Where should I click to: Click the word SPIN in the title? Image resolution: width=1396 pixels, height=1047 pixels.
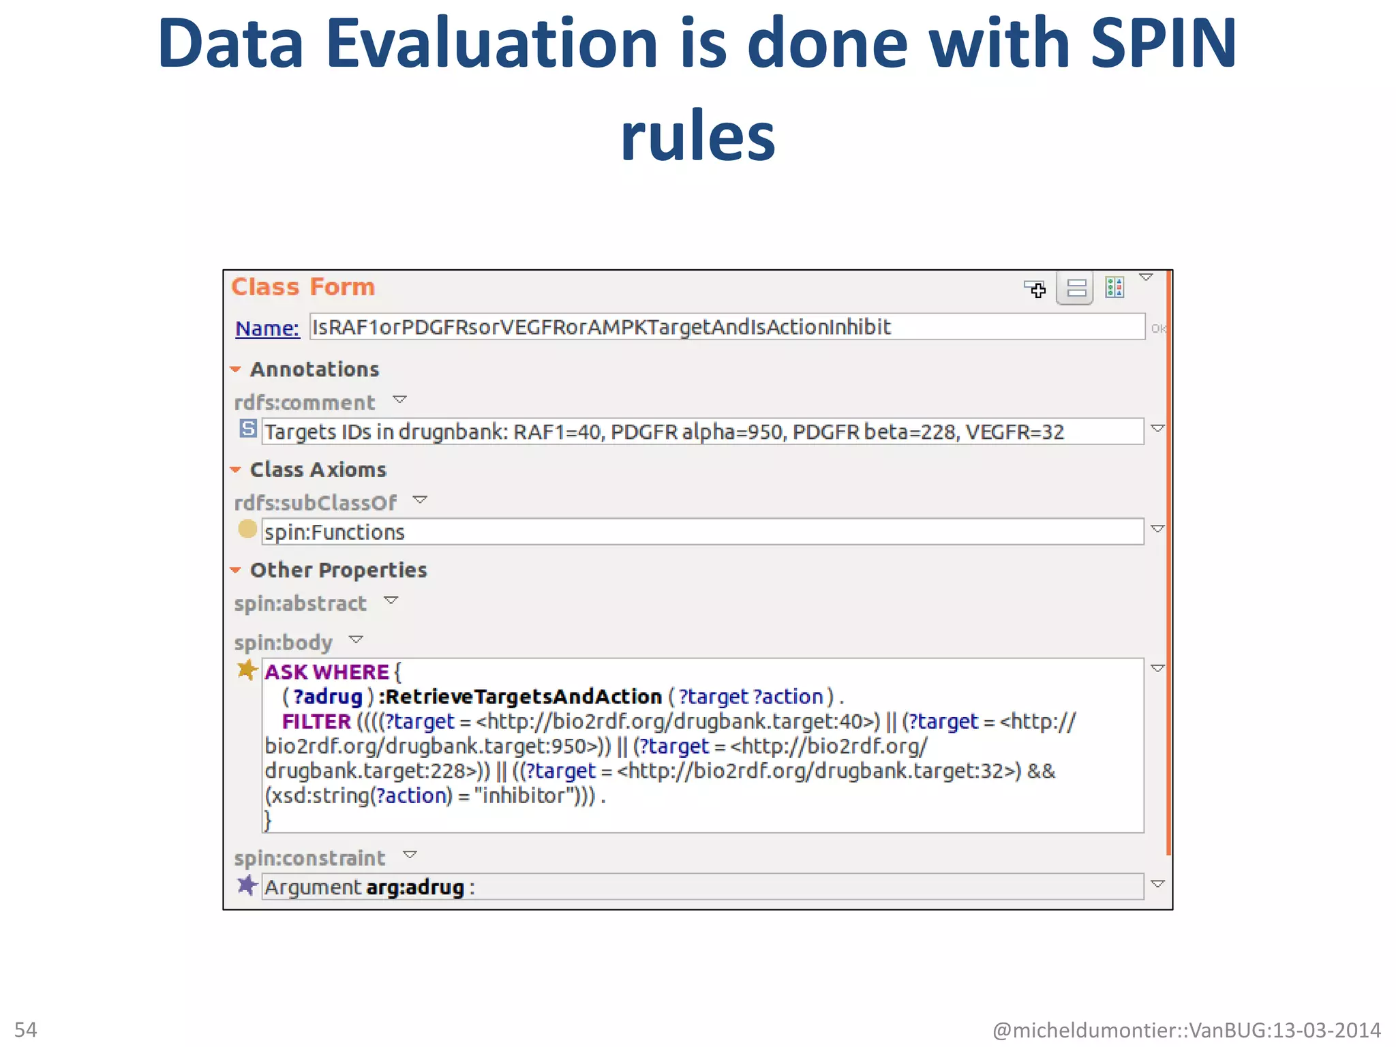click(1163, 44)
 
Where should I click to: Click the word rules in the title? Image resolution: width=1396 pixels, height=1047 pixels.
click(697, 136)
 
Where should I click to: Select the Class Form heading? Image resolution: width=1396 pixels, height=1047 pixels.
click(303, 287)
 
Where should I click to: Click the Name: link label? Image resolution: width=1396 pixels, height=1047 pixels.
click(267, 329)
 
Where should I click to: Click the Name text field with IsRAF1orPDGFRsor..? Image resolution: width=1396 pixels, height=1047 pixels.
click(726, 327)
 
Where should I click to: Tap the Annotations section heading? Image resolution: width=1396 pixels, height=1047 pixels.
click(314, 369)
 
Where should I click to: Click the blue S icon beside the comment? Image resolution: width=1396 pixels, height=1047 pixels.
click(248, 429)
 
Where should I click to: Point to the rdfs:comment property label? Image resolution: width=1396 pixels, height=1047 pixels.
click(304, 403)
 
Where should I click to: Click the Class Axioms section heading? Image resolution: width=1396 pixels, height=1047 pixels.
click(318, 470)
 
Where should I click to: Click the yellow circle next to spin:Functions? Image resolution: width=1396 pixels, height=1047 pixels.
click(247, 529)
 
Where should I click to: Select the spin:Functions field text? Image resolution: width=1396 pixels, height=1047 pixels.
click(335, 532)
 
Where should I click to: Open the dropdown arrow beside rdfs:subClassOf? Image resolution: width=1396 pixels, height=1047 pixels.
click(420, 500)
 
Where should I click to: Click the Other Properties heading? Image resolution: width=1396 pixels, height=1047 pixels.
click(338, 570)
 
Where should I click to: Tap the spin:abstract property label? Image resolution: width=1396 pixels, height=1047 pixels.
click(300, 603)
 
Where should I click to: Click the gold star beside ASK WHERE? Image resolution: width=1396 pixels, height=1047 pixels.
click(247, 669)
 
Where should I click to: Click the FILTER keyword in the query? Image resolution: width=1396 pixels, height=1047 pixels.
click(316, 721)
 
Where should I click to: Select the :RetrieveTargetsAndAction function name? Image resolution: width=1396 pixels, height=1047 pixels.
click(520, 697)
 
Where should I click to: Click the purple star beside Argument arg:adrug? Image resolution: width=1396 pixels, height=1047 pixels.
click(247, 885)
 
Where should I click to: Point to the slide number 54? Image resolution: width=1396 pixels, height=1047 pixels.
click(26, 1029)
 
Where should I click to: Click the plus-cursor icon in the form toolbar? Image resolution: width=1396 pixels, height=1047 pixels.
click(1035, 289)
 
